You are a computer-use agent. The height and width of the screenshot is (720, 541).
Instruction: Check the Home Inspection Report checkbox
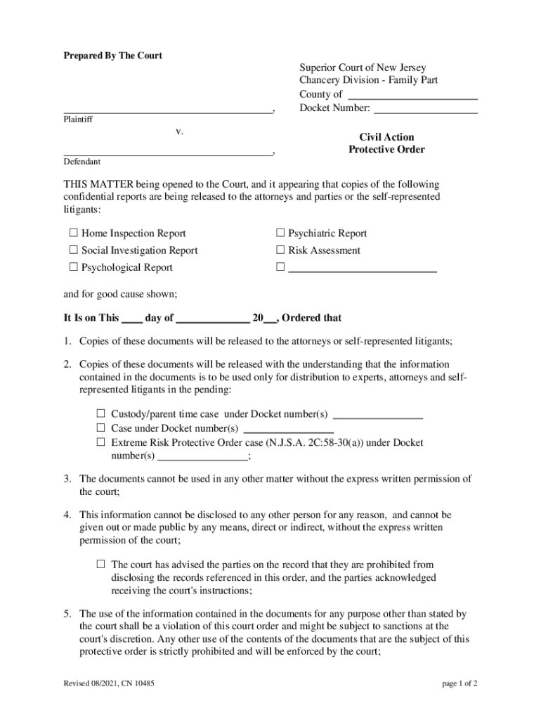[x=73, y=233]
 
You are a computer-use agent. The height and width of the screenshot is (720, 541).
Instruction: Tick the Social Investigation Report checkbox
[x=73, y=250]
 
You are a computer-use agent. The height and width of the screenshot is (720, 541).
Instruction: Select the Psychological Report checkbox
[x=73, y=267]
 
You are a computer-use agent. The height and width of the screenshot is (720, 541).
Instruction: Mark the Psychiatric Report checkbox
[x=280, y=233]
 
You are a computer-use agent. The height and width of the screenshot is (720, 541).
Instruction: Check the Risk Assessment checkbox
[x=280, y=250]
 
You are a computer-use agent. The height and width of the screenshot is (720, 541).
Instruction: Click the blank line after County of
[x=413, y=95]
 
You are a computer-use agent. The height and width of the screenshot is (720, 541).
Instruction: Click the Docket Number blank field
[x=425, y=109]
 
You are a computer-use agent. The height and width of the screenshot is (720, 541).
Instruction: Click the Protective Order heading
[x=386, y=150]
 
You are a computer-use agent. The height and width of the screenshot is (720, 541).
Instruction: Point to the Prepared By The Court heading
[x=113, y=56]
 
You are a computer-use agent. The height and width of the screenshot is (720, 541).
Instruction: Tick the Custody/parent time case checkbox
[x=100, y=413]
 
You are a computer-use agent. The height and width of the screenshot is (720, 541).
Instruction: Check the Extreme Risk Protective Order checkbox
[x=100, y=443]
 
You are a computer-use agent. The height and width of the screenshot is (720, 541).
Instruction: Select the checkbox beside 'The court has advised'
[x=100, y=564]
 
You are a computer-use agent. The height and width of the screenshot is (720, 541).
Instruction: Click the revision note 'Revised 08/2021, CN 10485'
[x=109, y=683]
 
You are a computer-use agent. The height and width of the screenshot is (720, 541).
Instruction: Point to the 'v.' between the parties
[x=180, y=131]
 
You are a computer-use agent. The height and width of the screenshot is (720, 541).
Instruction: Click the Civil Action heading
[x=386, y=137]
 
